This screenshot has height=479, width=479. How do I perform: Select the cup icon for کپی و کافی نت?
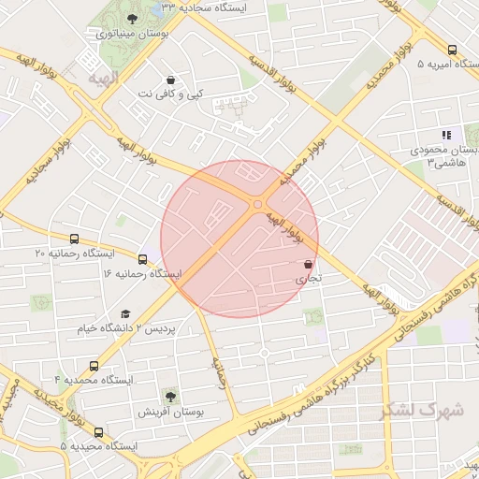pyautogui.click(x=169, y=80)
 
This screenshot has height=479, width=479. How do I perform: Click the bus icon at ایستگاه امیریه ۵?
pyautogui.click(x=453, y=50)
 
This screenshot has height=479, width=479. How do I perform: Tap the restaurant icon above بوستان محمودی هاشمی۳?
pyautogui.click(x=446, y=135)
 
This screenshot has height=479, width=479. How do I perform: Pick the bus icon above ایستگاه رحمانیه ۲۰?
pyautogui.click(x=74, y=239)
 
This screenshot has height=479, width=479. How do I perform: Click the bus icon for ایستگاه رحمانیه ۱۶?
pyautogui.click(x=142, y=258)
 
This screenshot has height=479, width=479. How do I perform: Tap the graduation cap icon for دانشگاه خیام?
pyautogui.click(x=125, y=314)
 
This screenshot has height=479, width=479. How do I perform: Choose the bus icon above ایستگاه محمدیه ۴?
pyautogui.click(x=93, y=366)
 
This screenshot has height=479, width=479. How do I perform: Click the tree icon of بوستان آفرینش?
pyautogui.click(x=169, y=397)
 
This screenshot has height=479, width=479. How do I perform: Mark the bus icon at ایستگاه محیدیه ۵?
pyautogui.click(x=99, y=432)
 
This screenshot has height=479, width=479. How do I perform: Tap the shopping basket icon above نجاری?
pyautogui.click(x=308, y=265)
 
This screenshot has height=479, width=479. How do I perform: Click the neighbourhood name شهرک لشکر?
pyautogui.click(x=422, y=410)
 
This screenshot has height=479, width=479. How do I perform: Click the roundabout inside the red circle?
pyautogui.click(x=257, y=204)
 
